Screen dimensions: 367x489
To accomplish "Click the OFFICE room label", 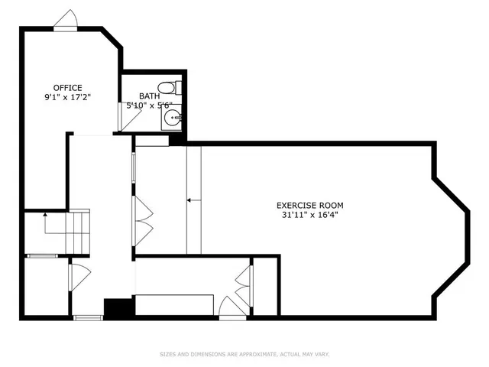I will click(67, 88).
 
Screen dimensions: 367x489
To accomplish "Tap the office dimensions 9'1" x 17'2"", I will click(67, 98).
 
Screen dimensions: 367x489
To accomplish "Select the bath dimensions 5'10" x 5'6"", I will click(149, 106).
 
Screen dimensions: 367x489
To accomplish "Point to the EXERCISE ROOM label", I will click(309, 205).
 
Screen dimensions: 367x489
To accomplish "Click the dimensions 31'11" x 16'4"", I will click(309, 215).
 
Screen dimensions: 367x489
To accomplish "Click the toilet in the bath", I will click(169, 87).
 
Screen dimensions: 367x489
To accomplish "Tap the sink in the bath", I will click(173, 119).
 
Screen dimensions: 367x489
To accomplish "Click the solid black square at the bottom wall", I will click(118, 307).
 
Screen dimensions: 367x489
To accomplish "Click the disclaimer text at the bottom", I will click(244, 353).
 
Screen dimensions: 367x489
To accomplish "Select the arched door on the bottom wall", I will click(231, 309).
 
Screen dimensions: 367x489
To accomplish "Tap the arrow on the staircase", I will click(46, 222).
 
